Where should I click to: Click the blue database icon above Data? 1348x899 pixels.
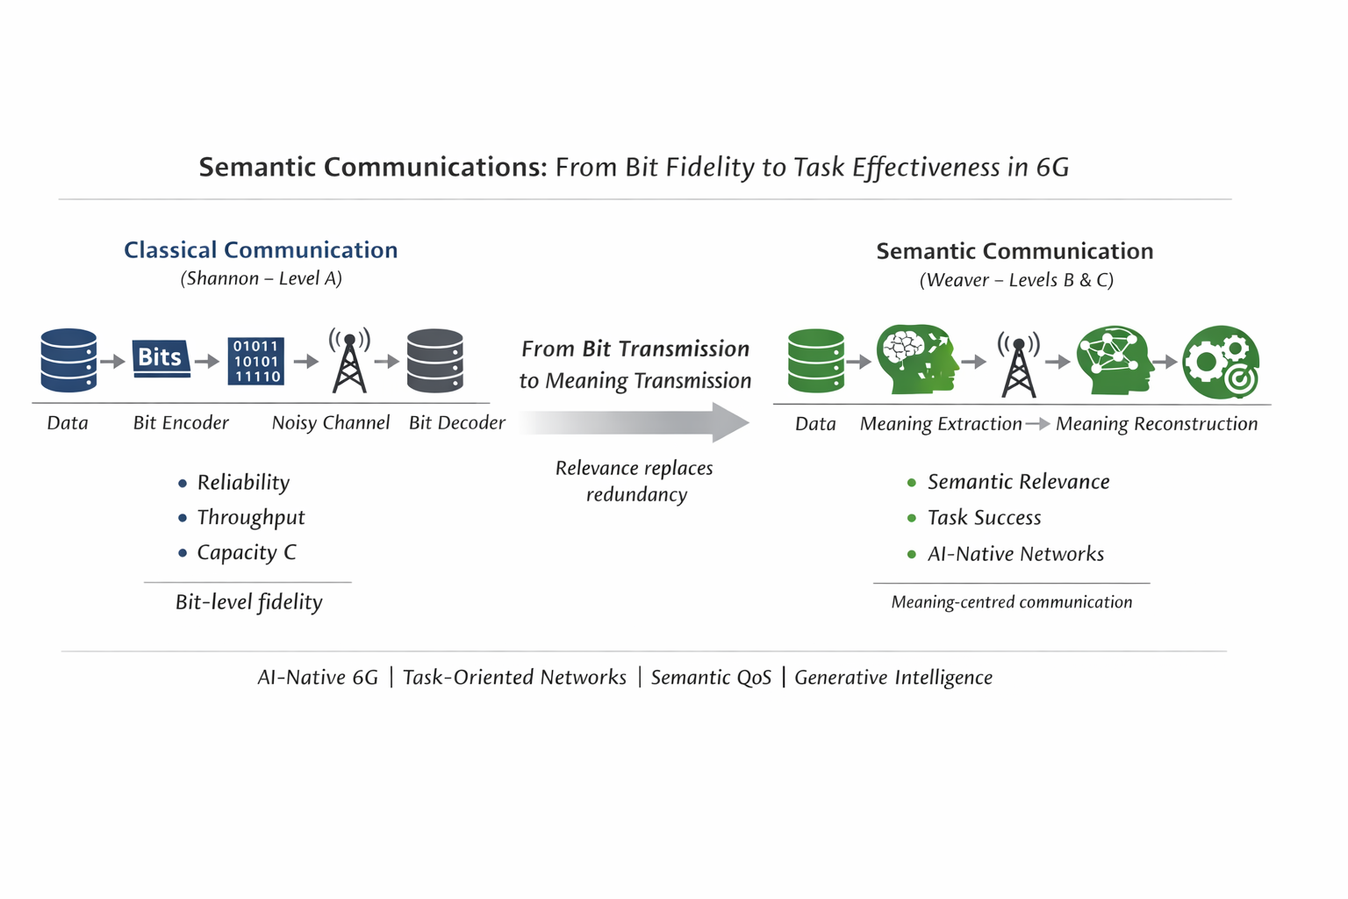pos(68,360)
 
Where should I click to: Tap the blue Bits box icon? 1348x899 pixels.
pos(161,358)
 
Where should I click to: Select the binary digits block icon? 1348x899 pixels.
pos(255,361)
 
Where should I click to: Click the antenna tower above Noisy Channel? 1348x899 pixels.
pos(349,361)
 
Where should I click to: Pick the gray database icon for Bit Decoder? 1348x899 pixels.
pos(435,360)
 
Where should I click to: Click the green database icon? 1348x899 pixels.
pos(815,361)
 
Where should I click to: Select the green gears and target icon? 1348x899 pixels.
pos(1221,362)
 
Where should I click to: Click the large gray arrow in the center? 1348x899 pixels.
pos(635,422)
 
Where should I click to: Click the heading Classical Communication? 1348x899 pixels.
pos(261,250)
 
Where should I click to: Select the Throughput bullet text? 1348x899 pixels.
pos(251,518)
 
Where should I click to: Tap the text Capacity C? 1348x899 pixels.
pos(247,553)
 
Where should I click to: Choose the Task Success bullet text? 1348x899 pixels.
pos(984,518)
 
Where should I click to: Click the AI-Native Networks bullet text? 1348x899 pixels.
pos(1015,554)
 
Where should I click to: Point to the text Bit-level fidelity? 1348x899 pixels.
pos(248,602)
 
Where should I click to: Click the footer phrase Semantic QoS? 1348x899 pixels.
pos(711,678)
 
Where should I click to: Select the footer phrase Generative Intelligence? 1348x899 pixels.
pos(893,678)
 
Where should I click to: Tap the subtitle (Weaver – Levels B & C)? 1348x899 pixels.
pos(1016,280)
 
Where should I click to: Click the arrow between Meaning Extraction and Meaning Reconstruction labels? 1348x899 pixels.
pos(1038,424)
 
